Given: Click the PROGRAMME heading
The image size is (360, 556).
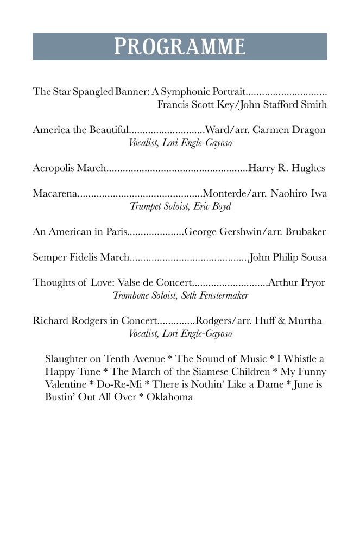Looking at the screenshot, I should tap(180, 46).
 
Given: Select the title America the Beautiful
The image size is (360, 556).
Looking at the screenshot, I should tap(80, 130).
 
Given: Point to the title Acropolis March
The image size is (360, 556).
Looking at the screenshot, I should tap(68, 168).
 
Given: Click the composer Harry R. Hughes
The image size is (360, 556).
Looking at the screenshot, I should tap(286, 168).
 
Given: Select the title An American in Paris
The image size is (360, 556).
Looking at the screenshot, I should tap(80, 232).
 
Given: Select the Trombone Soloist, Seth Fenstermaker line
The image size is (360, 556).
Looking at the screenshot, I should tap(180, 296).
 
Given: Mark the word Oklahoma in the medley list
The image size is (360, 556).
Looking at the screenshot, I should tap(172, 397).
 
